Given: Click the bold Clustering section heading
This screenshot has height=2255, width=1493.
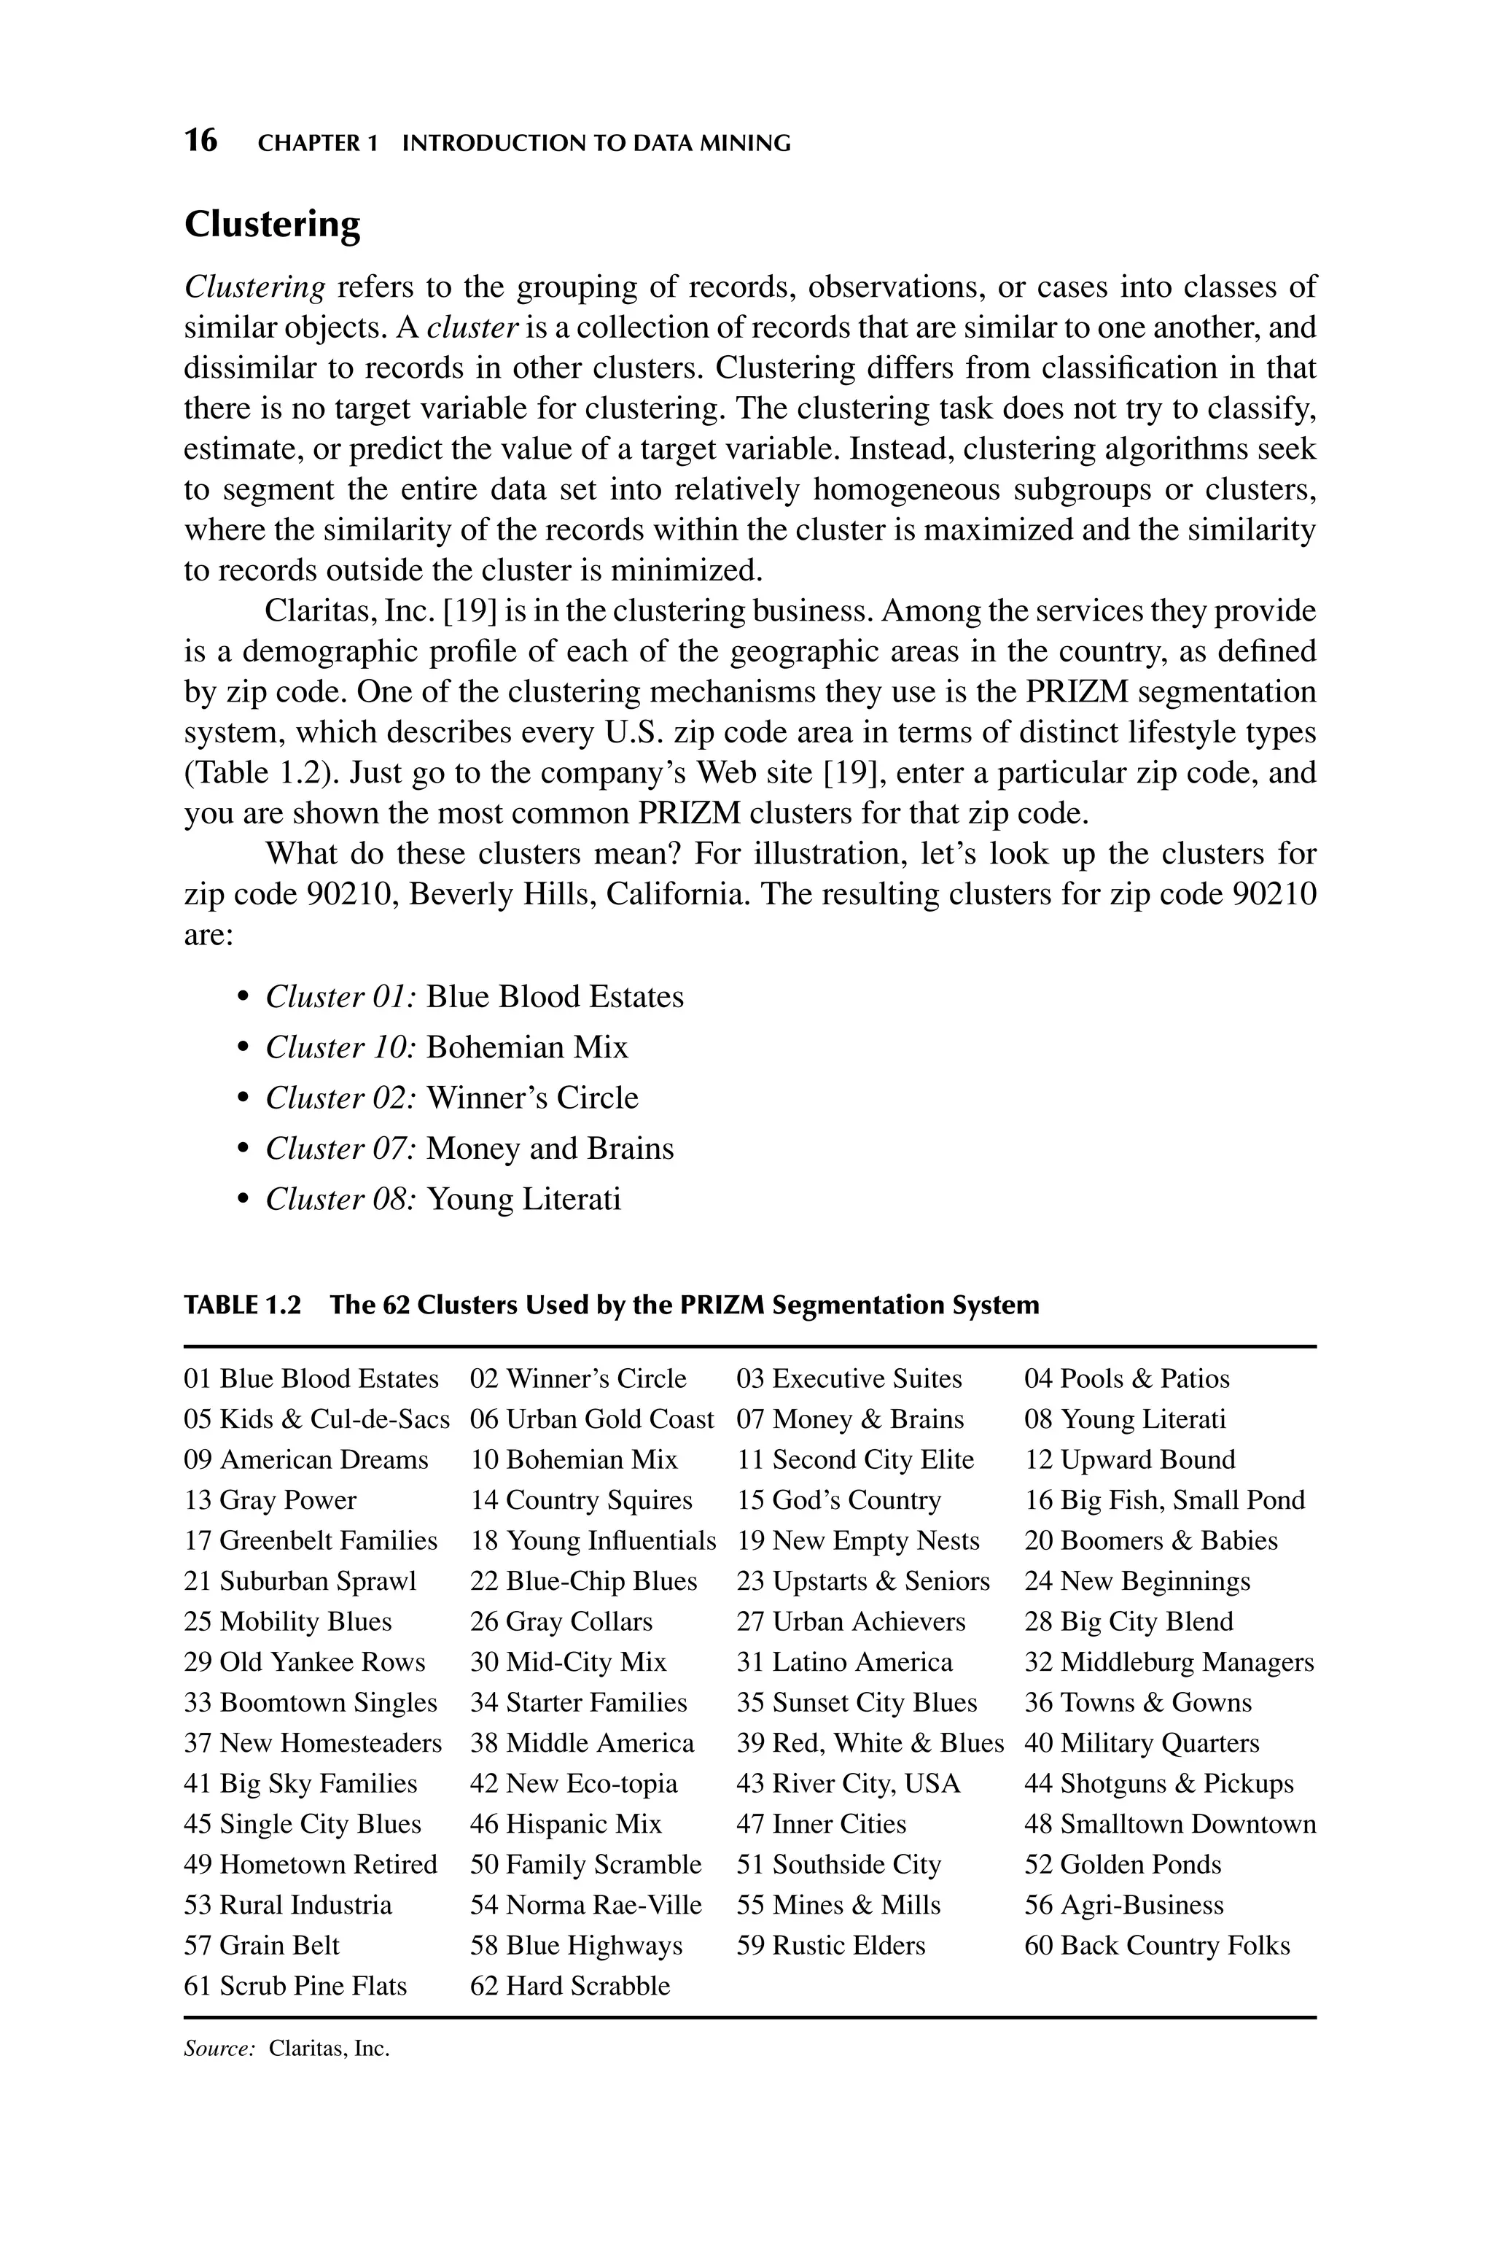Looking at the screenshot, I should pyautogui.click(x=273, y=225).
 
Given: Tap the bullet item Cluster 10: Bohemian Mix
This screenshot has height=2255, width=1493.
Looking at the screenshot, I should pyautogui.click(x=447, y=1047).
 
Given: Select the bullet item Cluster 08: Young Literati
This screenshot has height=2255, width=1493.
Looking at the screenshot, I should pyautogui.click(x=443, y=1199).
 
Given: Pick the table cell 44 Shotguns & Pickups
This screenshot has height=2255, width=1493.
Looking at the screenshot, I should pyautogui.click(x=1159, y=1784).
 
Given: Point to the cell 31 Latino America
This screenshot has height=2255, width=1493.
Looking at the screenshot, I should pyautogui.click(x=843, y=1663).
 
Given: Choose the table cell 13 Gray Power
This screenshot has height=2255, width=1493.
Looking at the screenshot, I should pyautogui.click(x=270, y=1501).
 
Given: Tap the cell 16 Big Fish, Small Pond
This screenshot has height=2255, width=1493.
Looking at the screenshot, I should pyautogui.click(x=1164, y=1501).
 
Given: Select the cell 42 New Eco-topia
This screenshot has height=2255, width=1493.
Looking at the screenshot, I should pyautogui.click(x=573, y=1784).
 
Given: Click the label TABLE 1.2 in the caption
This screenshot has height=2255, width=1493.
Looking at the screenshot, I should pyautogui.click(x=242, y=1305).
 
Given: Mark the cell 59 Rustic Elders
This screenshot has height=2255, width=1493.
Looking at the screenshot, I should pyautogui.click(x=830, y=1946).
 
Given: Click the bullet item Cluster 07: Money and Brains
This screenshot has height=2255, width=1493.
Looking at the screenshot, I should pyautogui.click(x=469, y=1149).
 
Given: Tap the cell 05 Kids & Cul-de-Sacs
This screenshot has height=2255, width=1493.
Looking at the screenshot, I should pyautogui.click(x=316, y=1420).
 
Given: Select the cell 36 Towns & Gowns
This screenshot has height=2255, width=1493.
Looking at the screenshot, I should pyautogui.click(x=1138, y=1703).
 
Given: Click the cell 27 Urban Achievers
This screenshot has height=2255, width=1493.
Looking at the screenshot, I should pyautogui.click(x=850, y=1622).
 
